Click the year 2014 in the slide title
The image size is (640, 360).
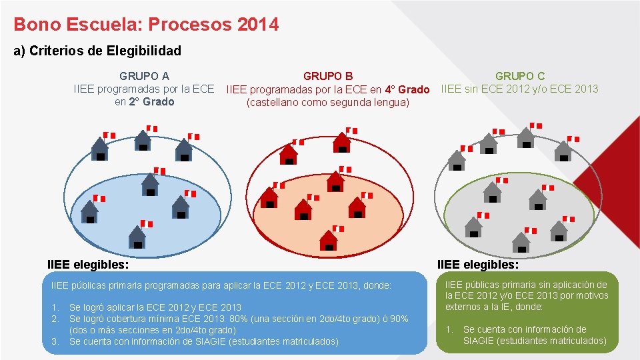(x=257, y=25)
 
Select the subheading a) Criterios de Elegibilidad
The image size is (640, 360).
(x=97, y=51)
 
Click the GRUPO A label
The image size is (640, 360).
(x=144, y=77)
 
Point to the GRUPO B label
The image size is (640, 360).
(x=328, y=77)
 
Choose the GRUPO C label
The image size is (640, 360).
(x=519, y=77)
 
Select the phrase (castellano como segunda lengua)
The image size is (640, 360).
(x=327, y=103)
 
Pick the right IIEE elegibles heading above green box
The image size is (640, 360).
(x=477, y=265)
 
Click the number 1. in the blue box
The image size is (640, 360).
(x=55, y=308)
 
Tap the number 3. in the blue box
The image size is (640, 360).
(x=55, y=341)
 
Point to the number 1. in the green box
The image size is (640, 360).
(x=449, y=329)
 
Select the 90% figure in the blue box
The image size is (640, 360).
(x=398, y=319)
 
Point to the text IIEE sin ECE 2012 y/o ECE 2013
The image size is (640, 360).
(x=519, y=89)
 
